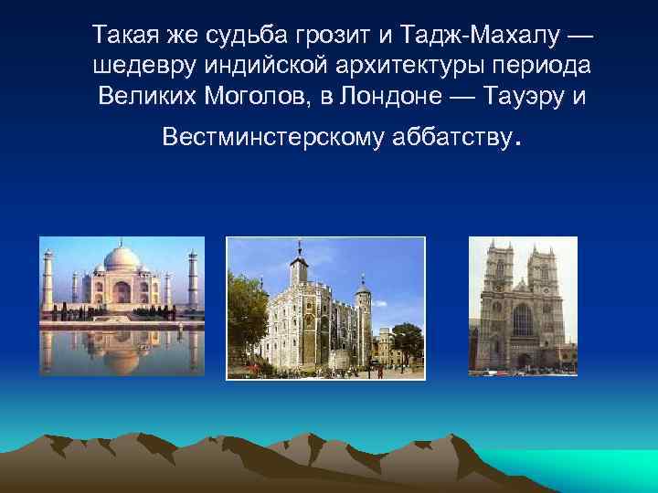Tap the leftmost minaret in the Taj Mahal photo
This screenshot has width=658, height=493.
coord(48,278)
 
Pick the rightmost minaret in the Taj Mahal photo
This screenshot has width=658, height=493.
coord(193,278)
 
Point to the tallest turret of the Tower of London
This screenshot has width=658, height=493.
coord(299,265)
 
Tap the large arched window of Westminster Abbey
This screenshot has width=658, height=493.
coord(522,320)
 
